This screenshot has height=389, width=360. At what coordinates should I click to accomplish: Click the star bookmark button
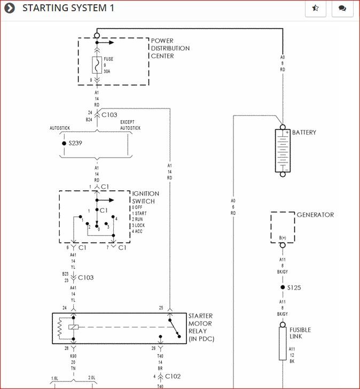(316, 9)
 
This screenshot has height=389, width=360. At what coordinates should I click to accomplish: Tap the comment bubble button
(342, 9)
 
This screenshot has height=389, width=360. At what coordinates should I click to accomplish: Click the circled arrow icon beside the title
(10, 8)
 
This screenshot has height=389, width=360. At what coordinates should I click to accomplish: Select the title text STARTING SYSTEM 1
(68, 8)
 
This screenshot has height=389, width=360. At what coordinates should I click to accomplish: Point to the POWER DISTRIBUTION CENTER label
(170, 48)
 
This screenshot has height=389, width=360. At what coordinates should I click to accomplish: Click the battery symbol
(283, 150)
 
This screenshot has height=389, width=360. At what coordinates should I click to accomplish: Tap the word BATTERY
(304, 133)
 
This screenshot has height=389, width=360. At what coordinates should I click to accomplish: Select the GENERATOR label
(315, 215)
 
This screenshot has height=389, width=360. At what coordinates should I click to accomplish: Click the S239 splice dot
(64, 143)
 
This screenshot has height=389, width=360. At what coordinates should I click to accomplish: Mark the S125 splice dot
(283, 287)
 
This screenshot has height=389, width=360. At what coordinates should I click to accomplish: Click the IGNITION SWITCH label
(145, 197)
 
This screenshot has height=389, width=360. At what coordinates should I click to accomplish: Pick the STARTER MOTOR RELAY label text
(201, 328)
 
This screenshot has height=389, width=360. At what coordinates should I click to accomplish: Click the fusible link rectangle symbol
(283, 344)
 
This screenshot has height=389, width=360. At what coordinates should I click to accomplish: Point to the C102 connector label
(173, 376)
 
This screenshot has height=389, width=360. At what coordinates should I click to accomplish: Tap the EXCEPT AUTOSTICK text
(130, 126)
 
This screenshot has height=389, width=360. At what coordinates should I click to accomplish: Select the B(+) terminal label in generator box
(283, 237)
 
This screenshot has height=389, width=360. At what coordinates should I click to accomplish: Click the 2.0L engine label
(91, 378)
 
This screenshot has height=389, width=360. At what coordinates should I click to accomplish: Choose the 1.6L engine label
(54, 378)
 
